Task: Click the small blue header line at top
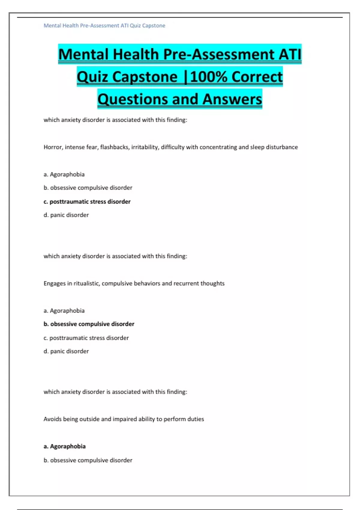[x=104, y=26]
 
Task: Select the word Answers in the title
[x=232, y=99]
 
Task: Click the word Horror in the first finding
[x=52, y=147]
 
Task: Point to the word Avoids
[x=52, y=419]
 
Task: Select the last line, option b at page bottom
[x=88, y=460]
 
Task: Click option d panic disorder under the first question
[x=66, y=215]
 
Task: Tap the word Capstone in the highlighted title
[x=145, y=77]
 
